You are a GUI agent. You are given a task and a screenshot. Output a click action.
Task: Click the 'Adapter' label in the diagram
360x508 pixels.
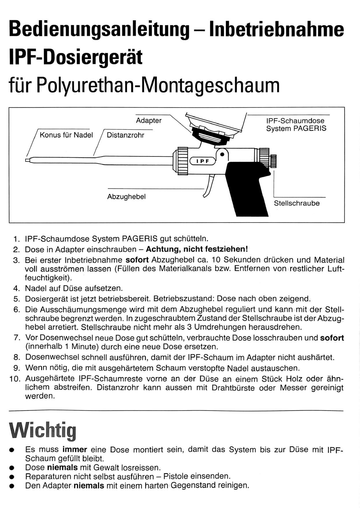pos(149,120)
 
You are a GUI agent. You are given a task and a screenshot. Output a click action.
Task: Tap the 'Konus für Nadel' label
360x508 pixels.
pos(66,135)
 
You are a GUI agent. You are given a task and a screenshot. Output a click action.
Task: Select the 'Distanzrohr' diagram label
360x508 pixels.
pos(125,135)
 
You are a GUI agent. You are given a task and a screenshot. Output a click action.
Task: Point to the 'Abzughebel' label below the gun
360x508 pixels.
pos(126,197)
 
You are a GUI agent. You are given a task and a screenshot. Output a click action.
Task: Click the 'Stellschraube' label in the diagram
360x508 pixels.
pos(297,203)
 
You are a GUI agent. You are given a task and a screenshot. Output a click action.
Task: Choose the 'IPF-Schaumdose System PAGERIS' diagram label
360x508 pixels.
pos(296,125)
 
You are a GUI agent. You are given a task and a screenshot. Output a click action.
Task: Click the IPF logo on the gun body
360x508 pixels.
pos(203,161)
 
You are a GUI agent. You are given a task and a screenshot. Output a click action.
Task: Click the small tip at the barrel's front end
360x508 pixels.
pos(28,160)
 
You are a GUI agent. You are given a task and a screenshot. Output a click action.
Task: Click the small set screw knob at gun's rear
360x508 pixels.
pos(273,161)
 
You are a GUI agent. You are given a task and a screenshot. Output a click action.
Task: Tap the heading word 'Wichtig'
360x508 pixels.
pos(43,431)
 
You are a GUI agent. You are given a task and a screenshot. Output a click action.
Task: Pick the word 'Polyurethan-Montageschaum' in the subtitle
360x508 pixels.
pos(158,85)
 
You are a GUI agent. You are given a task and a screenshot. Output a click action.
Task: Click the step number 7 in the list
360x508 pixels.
pos(17,338)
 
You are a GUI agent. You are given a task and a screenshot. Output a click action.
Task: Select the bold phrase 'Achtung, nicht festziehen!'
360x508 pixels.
pos(197,249)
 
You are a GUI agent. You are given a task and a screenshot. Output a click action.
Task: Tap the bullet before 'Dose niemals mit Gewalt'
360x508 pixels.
pos(12,468)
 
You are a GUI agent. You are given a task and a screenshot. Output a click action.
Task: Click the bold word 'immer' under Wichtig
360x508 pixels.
pos(75,450)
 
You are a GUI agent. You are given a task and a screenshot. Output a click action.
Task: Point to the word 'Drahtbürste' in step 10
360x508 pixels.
pos(233,388)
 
